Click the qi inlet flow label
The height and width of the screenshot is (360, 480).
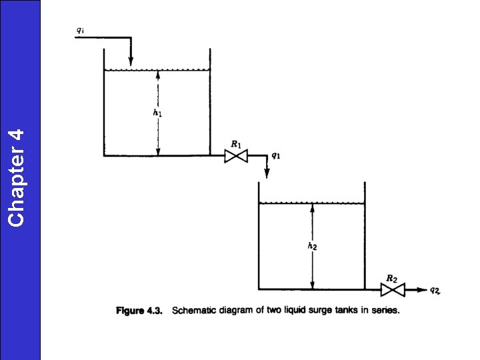[80, 30]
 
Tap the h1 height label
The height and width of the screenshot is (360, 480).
[157, 113]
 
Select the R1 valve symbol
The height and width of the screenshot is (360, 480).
[235, 156]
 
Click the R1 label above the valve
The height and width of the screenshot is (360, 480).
[235, 143]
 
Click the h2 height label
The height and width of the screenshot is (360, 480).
[312, 246]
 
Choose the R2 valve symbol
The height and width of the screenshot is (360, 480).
[393, 290]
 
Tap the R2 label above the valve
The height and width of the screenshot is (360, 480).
[393, 277]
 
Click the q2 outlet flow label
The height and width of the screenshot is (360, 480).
[434, 289]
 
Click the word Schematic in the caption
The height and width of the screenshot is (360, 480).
[193, 311]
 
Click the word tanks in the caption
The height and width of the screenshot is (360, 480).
[347, 311]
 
